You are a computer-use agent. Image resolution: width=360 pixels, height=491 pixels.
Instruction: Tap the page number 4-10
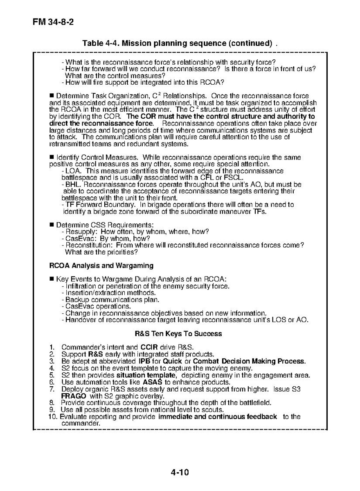tap(180, 473)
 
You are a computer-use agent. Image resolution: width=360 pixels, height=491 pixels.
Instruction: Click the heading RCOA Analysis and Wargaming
tap(101, 266)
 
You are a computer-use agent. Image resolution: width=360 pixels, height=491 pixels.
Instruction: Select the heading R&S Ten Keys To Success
tap(178, 334)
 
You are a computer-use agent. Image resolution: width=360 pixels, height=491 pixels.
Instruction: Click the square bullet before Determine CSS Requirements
tap(52, 225)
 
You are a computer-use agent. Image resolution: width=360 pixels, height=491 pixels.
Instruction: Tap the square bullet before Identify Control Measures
tap(52, 158)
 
